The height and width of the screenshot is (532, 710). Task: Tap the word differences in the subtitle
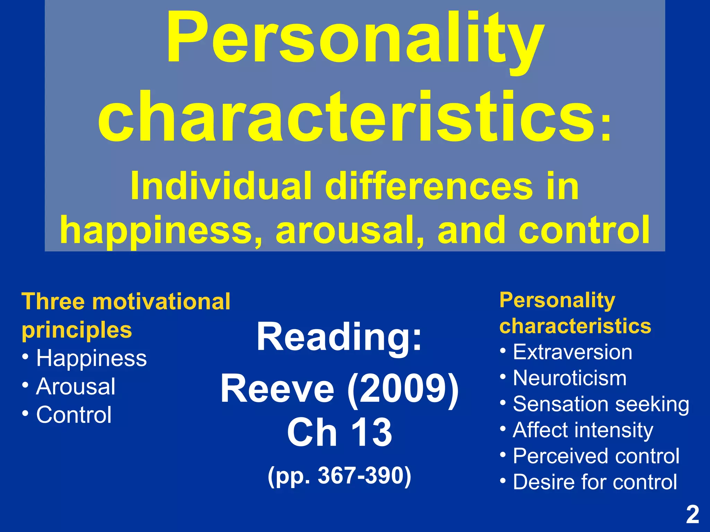tap(428, 187)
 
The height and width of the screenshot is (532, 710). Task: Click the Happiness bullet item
tap(92, 358)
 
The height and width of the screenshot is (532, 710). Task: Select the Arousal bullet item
tap(76, 387)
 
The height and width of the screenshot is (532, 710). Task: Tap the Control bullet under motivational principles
tap(74, 415)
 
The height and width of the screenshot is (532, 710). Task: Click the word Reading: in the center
tap(339, 337)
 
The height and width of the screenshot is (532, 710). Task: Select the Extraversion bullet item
tap(572, 353)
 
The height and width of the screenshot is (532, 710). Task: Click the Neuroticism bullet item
tap(570, 378)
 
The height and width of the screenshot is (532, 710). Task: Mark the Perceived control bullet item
tap(596, 456)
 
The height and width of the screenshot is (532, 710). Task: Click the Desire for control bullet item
tap(595, 482)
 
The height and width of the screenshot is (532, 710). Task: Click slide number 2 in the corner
tap(692, 515)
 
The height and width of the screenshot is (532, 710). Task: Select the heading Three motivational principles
tap(125, 315)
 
